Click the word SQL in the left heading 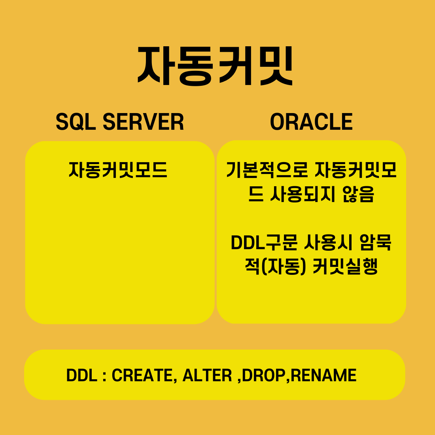pos(76,122)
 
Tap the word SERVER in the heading pos(143,122)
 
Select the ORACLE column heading pos(311,122)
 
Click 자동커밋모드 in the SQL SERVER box pos(118,170)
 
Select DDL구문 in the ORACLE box pos(264,242)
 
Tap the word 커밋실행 pos(345,267)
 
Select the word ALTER pos(207,375)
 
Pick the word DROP pos(264,375)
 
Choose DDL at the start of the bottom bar pos(82,375)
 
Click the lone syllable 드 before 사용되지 pos(256,195)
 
